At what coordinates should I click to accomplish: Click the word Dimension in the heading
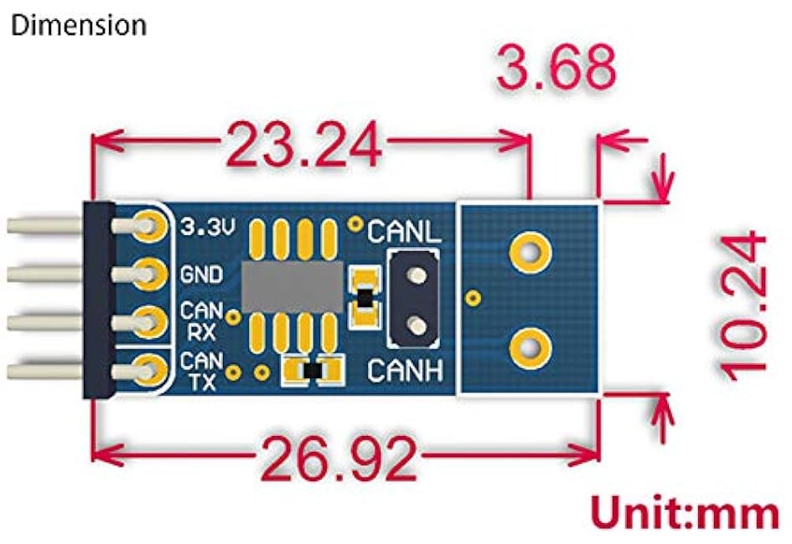click(x=79, y=25)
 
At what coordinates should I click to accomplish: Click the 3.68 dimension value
click(x=556, y=67)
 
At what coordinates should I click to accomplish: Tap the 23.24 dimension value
click(x=303, y=144)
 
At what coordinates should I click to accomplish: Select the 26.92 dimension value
click(x=339, y=459)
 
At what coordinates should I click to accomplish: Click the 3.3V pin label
click(x=208, y=227)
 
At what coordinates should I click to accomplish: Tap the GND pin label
click(x=201, y=275)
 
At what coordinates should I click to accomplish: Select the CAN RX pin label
click(x=201, y=321)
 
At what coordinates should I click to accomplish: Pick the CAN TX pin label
click(x=201, y=371)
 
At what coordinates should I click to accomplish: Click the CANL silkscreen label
click(x=404, y=232)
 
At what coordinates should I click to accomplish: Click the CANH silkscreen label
click(x=405, y=371)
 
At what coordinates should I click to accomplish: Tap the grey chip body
click(x=292, y=287)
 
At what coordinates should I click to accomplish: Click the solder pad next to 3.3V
click(x=149, y=226)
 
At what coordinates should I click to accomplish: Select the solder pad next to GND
click(x=149, y=275)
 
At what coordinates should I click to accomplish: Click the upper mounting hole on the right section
click(x=531, y=252)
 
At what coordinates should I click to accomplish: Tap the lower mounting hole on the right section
click(x=531, y=348)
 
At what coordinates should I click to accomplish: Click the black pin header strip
click(x=99, y=300)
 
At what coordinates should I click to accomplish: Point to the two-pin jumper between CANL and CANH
click(x=413, y=300)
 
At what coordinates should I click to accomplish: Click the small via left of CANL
click(x=356, y=223)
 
